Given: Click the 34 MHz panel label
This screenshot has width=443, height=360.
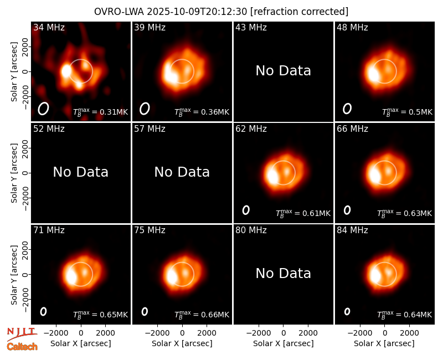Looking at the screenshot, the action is coord(49,27).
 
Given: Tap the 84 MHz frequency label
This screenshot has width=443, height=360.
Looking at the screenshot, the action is coord(352,230).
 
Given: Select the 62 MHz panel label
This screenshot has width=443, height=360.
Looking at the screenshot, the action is coord(251,129).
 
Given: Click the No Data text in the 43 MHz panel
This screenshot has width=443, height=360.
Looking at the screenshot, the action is coord(283,71).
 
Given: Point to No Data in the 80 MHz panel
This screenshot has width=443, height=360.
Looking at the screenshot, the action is coord(283,273).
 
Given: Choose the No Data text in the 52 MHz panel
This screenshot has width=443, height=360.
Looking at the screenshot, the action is coord(80,172).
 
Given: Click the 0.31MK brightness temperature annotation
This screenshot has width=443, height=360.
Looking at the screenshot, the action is coord(101,112).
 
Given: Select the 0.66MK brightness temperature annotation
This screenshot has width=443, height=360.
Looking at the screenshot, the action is coord(202,314).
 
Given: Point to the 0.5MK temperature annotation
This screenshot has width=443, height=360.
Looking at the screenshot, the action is coord(407,112).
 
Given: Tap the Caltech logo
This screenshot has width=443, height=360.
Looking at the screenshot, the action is coord(22,347).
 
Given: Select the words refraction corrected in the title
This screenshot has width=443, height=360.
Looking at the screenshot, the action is coord(300,12).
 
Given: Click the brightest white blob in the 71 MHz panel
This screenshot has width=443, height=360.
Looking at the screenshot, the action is coord(71,276).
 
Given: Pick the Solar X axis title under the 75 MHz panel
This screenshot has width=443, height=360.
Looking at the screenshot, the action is coord(182,343).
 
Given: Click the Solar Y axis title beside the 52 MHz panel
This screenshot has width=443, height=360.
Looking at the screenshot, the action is coord(14,173).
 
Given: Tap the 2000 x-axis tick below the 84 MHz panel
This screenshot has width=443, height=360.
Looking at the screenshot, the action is coord(409,333).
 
